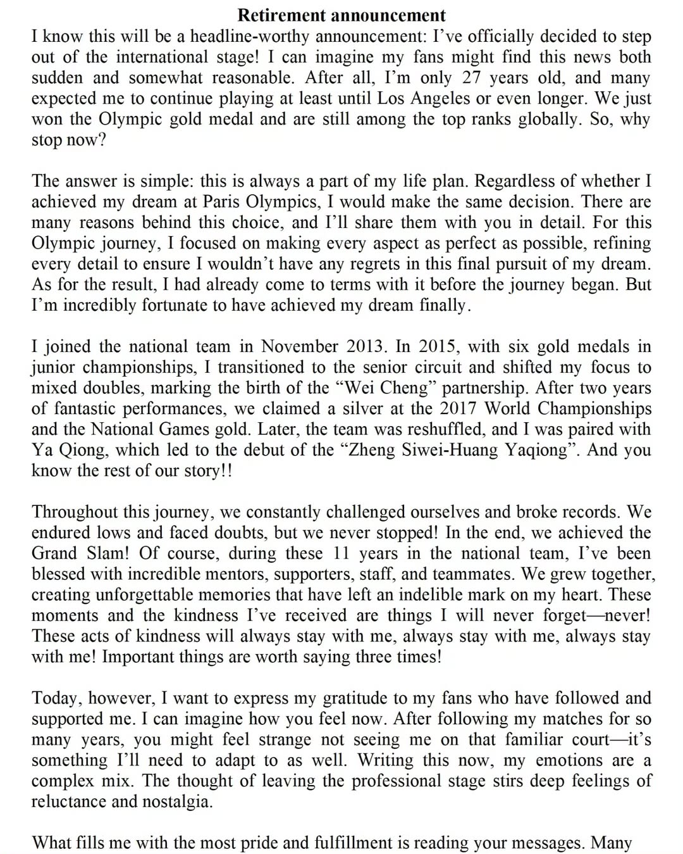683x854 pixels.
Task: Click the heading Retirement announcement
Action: pos(341,15)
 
